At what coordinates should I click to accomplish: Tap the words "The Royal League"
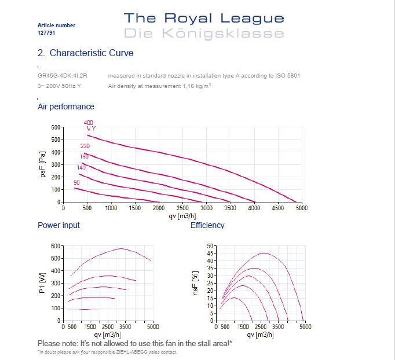204,19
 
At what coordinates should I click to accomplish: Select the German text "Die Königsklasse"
204,34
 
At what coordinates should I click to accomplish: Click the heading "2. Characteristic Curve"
85,53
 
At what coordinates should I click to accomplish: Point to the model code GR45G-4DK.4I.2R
63,76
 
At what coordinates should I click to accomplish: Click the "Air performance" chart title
65,107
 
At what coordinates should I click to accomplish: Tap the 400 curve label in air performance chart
89,123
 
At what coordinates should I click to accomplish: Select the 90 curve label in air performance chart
76,183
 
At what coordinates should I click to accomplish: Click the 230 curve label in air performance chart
85,146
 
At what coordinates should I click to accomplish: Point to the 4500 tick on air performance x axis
278,208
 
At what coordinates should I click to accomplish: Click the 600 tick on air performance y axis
56,127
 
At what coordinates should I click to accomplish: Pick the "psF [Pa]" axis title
42,165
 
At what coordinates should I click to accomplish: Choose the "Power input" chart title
58,225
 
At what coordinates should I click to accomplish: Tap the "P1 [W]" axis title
42,283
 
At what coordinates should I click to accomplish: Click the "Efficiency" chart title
207,225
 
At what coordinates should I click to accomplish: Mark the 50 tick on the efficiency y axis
210,245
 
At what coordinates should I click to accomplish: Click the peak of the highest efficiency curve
264,253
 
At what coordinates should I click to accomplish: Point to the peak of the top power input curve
121,248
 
